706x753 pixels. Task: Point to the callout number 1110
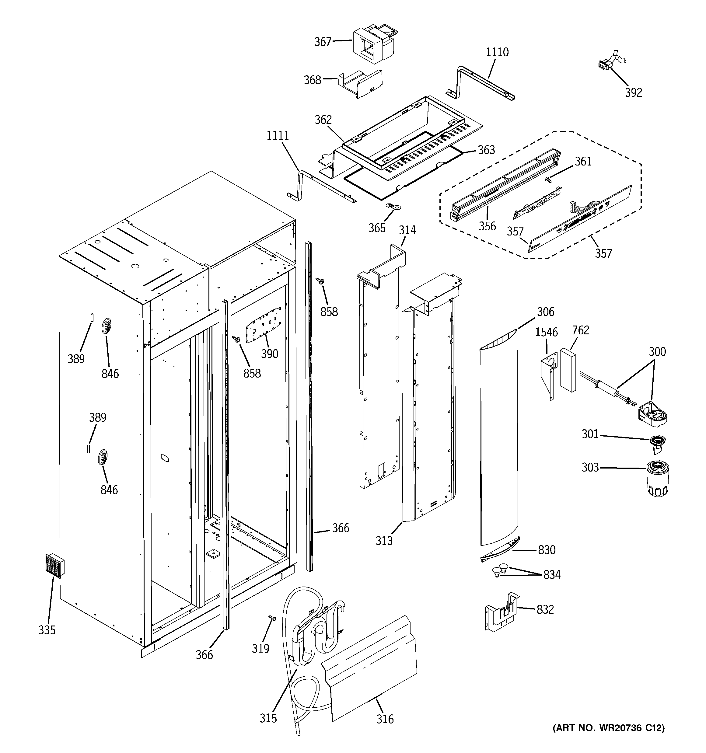pos(497,52)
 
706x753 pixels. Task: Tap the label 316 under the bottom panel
pos(385,719)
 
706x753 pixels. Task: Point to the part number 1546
pos(547,332)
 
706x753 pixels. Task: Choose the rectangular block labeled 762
pos(568,370)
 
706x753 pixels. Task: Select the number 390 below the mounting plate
pos(269,354)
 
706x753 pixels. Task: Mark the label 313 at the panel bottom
pos(384,541)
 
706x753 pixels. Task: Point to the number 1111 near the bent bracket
pos(278,136)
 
